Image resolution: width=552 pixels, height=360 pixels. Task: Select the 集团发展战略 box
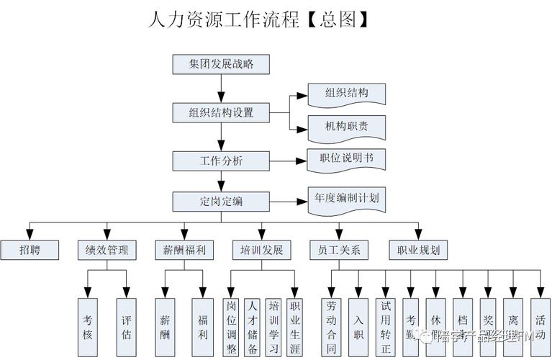pos(221,64)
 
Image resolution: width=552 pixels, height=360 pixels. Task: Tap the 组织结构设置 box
pos(221,113)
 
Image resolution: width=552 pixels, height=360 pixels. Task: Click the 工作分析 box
pos(221,161)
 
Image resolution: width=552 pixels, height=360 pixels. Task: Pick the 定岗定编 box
pos(221,201)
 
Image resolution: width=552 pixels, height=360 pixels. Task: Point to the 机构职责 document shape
pos(346,127)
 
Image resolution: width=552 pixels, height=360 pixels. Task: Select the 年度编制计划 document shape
pos(346,198)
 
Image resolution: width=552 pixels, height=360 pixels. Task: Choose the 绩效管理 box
pos(107,250)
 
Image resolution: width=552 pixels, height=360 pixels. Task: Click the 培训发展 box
pos(261,250)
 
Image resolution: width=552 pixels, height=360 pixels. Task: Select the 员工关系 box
pos(339,250)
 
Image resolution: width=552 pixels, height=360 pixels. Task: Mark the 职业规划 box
pos(418,250)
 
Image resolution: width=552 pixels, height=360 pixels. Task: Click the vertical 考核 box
pos(87,327)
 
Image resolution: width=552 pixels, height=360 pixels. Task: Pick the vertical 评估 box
pos(127,327)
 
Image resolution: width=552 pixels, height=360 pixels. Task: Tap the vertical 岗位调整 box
pos(231,327)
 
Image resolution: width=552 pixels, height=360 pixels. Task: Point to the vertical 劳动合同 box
pos(331,327)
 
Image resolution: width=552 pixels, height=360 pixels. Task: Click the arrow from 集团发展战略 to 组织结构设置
pos(221,89)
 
